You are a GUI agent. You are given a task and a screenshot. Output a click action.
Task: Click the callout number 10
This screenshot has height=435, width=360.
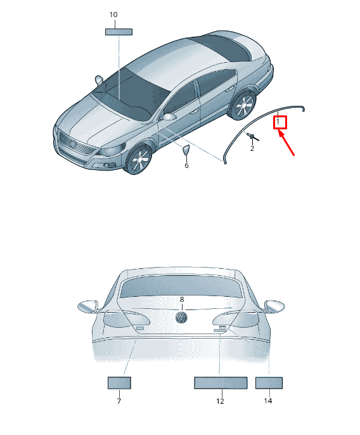coord(113,15)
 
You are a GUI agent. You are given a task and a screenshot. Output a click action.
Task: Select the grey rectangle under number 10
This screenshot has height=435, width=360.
coord(119,32)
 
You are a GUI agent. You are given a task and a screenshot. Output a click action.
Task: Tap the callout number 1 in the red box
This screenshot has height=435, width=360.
coord(278,122)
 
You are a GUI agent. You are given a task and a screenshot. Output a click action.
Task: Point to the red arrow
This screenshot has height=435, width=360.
coord(286,143)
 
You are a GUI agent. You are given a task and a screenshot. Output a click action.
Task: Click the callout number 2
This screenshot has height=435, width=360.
coord(252,148)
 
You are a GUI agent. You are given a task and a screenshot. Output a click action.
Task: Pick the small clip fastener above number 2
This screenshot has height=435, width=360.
coord(252,136)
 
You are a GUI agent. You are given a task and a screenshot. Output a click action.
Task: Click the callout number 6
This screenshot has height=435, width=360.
coord(186,166)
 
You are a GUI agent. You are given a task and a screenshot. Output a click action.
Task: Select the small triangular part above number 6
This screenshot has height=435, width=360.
coord(186,150)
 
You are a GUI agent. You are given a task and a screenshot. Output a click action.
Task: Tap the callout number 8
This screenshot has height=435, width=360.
coord(182,299)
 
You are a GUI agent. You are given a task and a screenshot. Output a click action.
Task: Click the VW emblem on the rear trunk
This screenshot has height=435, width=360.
coord(182,318)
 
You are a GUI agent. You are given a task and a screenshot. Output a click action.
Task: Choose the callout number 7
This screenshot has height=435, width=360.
coord(119,401)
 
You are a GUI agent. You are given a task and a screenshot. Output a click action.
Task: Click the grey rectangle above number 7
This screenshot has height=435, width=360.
coord(119,383)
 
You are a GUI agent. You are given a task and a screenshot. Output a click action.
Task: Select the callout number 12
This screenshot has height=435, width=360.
coord(220,401)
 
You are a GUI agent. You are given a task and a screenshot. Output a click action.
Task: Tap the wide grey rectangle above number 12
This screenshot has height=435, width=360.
coord(221,383)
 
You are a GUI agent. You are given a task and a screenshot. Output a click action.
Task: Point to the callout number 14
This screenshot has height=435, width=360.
coord(268,401)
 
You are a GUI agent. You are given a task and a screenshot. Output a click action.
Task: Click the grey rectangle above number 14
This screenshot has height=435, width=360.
coord(269,383)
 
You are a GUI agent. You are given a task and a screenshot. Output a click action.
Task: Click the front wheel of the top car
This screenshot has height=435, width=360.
coord(139,159)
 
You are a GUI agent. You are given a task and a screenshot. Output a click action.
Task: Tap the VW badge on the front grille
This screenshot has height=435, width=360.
coord(74,145)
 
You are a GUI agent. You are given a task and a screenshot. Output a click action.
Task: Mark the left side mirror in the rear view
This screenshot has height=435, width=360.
coord(87,306)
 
